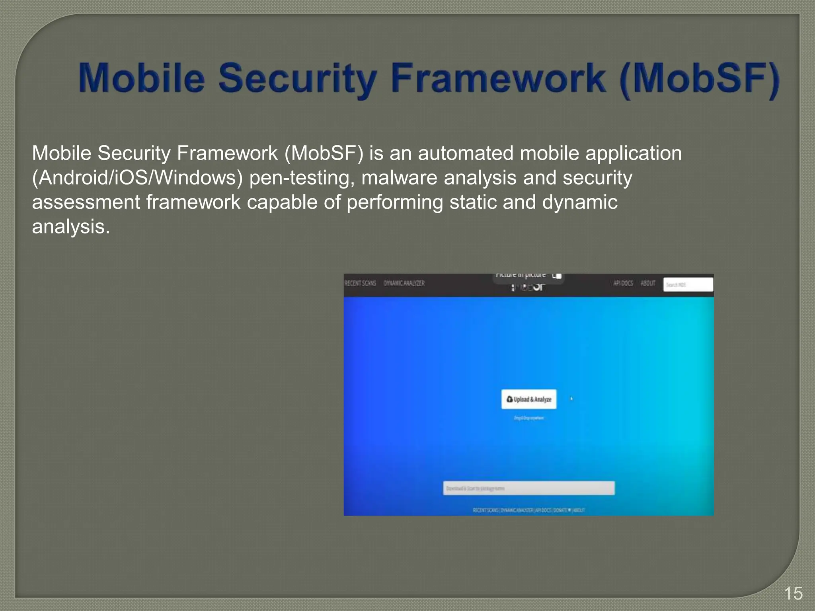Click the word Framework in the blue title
(x=498, y=78)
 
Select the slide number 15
(x=793, y=593)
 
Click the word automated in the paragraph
(x=466, y=153)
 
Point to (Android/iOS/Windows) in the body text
(x=137, y=178)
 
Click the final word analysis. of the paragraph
(x=70, y=227)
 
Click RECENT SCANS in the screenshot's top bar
(x=360, y=283)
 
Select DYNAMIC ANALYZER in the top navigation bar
(x=404, y=283)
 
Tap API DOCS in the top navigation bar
(x=623, y=283)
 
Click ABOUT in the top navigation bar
(x=647, y=283)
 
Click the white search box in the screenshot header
(x=688, y=285)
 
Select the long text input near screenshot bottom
(x=528, y=488)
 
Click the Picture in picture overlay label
(x=521, y=275)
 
